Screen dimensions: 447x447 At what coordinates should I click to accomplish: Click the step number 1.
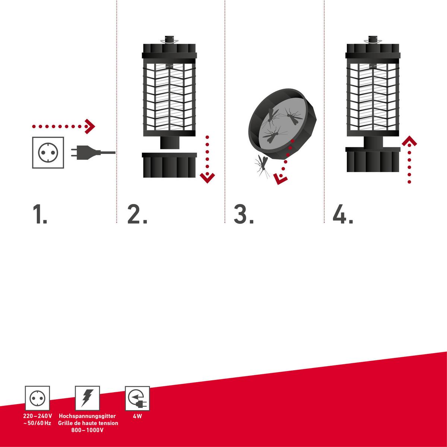(x=39, y=215)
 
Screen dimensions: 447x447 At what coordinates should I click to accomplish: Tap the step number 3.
(x=243, y=215)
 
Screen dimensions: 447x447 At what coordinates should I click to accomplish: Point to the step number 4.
(x=342, y=215)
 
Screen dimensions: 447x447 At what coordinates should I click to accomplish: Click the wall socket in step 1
(x=48, y=153)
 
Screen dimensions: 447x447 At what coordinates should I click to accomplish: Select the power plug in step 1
(x=84, y=152)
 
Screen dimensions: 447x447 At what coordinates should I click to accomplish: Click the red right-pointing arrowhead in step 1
(x=90, y=127)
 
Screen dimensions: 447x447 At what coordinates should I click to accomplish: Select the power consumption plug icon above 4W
(x=137, y=398)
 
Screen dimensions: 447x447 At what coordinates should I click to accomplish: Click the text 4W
(x=137, y=416)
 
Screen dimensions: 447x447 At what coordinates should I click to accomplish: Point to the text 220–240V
(x=37, y=416)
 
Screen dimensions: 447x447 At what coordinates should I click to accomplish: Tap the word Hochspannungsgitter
(x=88, y=416)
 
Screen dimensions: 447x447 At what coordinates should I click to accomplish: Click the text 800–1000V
(x=88, y=430)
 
